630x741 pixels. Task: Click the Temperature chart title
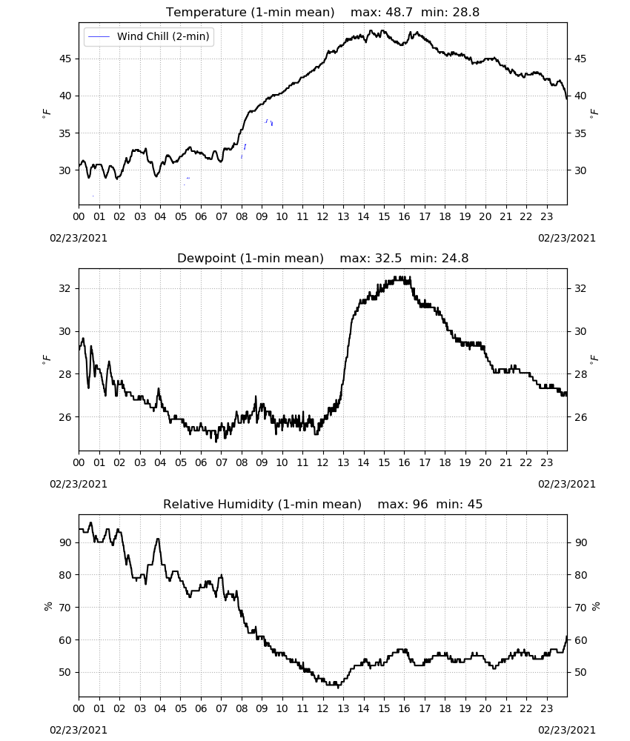point(250,13)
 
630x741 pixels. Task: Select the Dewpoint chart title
point(251,259)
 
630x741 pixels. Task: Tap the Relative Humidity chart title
point(262,504)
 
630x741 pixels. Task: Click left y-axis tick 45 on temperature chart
point(64,59)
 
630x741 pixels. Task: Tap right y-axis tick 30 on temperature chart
point(580,170)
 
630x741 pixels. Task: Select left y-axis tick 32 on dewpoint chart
point(64,288)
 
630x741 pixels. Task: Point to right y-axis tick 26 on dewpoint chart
point(580,417)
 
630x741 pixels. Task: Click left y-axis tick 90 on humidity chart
point(64,542)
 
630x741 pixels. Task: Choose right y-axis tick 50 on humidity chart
point(580,673)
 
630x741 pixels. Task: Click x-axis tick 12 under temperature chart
point(323,217)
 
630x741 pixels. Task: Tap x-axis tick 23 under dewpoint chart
point(547,462)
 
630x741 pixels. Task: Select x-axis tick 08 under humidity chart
point(242,709)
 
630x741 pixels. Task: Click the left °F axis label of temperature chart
point(46,113)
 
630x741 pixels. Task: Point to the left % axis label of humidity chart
point(47,606)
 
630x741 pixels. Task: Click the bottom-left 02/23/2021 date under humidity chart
point(79,730)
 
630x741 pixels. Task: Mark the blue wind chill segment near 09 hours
point(269,122)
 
